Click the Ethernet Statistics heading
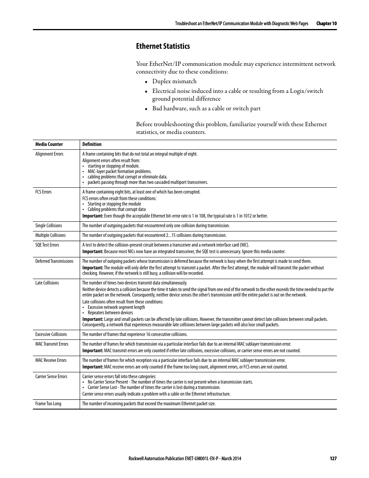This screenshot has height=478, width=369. [x=163, y=46]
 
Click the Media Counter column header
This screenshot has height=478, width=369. [x=49, y=144]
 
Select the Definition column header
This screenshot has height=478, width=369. [x=92, y=144]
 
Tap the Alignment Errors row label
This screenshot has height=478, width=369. [x=49, y=154]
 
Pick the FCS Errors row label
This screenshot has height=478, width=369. [x=43, y=192]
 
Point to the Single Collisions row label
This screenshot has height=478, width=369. [x=49, y=226]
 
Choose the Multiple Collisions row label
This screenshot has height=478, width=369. [x=50, y=235]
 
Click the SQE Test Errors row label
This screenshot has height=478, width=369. [x=47, y=245]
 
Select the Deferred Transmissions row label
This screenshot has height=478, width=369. [x=54, y=261]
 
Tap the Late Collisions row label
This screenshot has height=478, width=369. [x=47, y=283]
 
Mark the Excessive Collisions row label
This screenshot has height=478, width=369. [x=51, y=334]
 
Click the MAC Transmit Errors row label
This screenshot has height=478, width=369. [x=52, y=344]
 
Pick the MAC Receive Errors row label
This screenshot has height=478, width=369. [x=51, y=360]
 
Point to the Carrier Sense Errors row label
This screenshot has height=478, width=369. [x=51, y=377]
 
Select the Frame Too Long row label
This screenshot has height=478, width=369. [x=48, y=404]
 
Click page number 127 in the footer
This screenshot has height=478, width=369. [x=333, y=458]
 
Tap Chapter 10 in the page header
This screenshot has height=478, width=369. [x=326, y=24]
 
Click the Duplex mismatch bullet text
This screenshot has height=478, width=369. [x=174, y=81]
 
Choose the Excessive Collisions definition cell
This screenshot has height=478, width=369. [x=135, y=334]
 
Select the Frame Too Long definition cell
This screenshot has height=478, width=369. [x=149, y=404]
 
